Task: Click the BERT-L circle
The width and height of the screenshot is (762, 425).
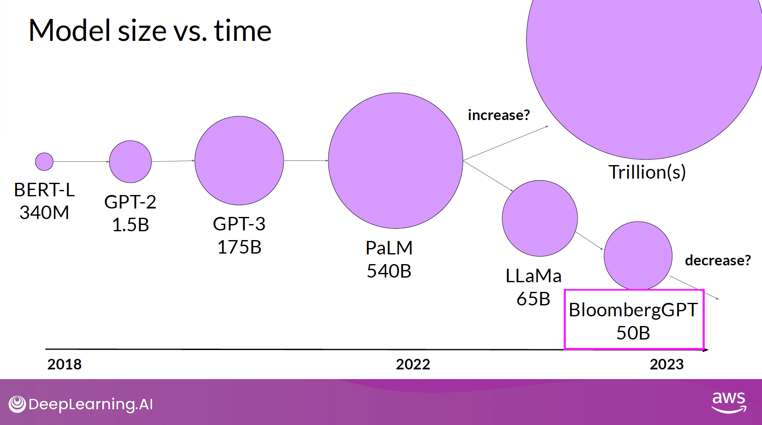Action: [44, 161]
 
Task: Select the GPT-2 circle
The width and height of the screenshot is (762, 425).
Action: [130, 162]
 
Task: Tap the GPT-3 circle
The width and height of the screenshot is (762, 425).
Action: [239, 160]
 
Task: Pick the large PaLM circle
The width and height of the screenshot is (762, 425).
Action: [395, 160]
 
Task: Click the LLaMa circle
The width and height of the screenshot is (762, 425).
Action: [540, 218]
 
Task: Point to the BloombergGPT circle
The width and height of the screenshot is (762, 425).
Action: [638, 255]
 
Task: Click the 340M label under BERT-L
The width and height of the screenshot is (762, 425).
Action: [44, 212]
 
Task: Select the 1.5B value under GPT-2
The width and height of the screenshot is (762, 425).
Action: [131, 225]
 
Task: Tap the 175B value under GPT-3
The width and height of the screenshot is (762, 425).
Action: [239, 247]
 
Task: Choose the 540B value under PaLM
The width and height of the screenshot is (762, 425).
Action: [389, 271]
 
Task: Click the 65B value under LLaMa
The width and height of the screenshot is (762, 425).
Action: [533, 299]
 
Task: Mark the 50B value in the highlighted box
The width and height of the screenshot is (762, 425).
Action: [633, 333]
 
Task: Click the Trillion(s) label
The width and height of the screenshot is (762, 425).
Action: [647, 172]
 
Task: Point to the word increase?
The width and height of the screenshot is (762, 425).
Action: [499, 115]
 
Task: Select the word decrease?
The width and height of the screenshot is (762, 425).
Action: [718, 260]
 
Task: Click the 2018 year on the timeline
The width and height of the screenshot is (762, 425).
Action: [64, 364]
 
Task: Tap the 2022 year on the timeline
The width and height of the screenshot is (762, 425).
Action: [413, 364]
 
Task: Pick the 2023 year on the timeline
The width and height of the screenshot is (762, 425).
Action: [666, 364]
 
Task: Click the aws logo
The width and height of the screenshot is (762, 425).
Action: [729, 402]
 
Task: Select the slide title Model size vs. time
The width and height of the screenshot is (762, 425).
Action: [150, 31]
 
